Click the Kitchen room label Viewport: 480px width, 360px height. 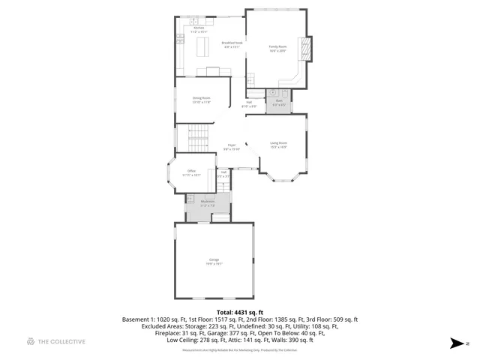(188, 28)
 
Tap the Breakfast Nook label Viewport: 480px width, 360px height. (232, 43)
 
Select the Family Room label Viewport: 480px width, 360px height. (278, 46)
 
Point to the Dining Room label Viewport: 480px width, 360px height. (201, 97)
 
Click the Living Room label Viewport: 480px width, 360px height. (278, 142)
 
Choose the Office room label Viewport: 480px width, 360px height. (192, 171)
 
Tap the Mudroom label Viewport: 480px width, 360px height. (208, 201)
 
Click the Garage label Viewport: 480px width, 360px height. (214, 259)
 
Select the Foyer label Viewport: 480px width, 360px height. (232, 145)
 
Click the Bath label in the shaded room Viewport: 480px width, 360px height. (279, 100)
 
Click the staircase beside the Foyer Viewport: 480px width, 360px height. (199, 138)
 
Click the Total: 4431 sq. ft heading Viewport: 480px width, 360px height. (240, 311)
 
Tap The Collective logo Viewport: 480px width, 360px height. (56, 341)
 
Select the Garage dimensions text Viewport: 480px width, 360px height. (214, 264)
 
